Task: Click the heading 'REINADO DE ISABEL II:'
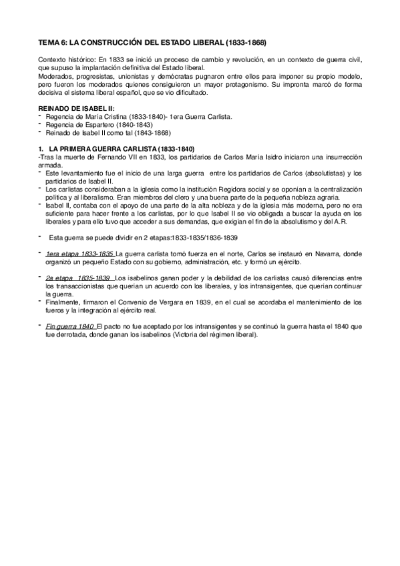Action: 76,107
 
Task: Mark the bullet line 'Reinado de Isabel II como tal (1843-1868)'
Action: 106,133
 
